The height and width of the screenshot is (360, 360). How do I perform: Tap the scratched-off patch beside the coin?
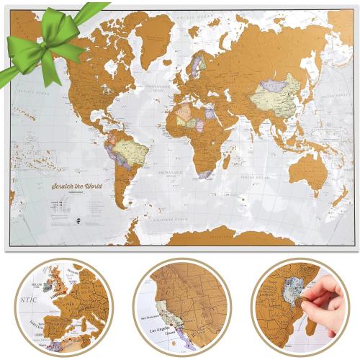(x=293, y=302)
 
